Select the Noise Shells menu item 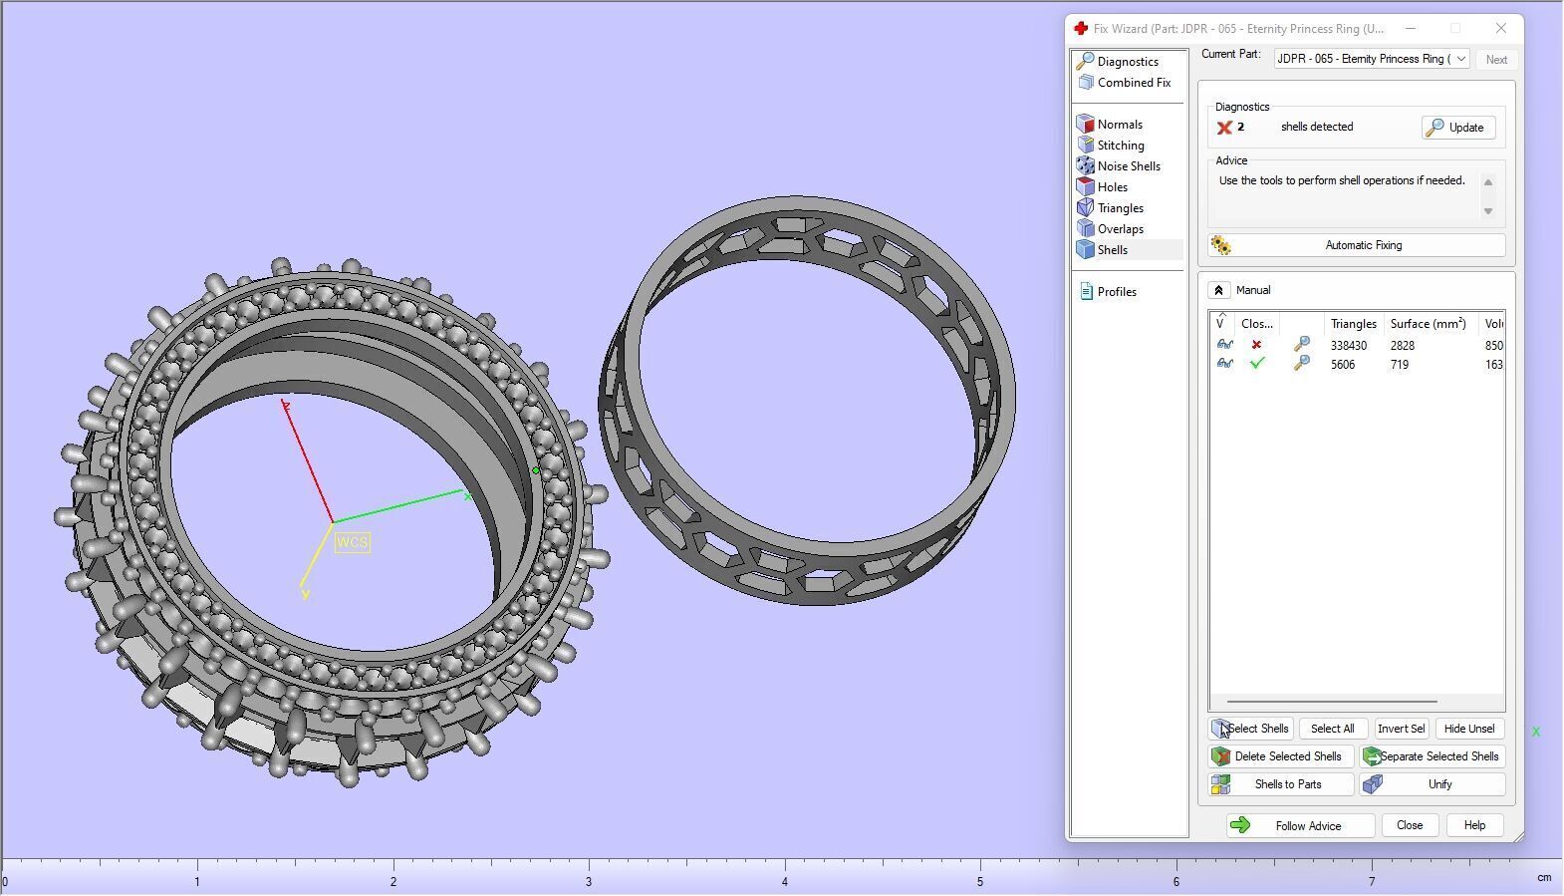1128,166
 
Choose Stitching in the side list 1120,146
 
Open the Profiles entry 1116,292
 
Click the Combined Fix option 1133,83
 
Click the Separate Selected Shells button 1433,756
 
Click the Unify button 1433,784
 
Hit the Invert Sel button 1401,729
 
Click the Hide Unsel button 1469,729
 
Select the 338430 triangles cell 1348,346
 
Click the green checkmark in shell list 1257,364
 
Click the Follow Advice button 1300,825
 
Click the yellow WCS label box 353,542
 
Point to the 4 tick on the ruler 785,881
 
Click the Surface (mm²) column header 1428,324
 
